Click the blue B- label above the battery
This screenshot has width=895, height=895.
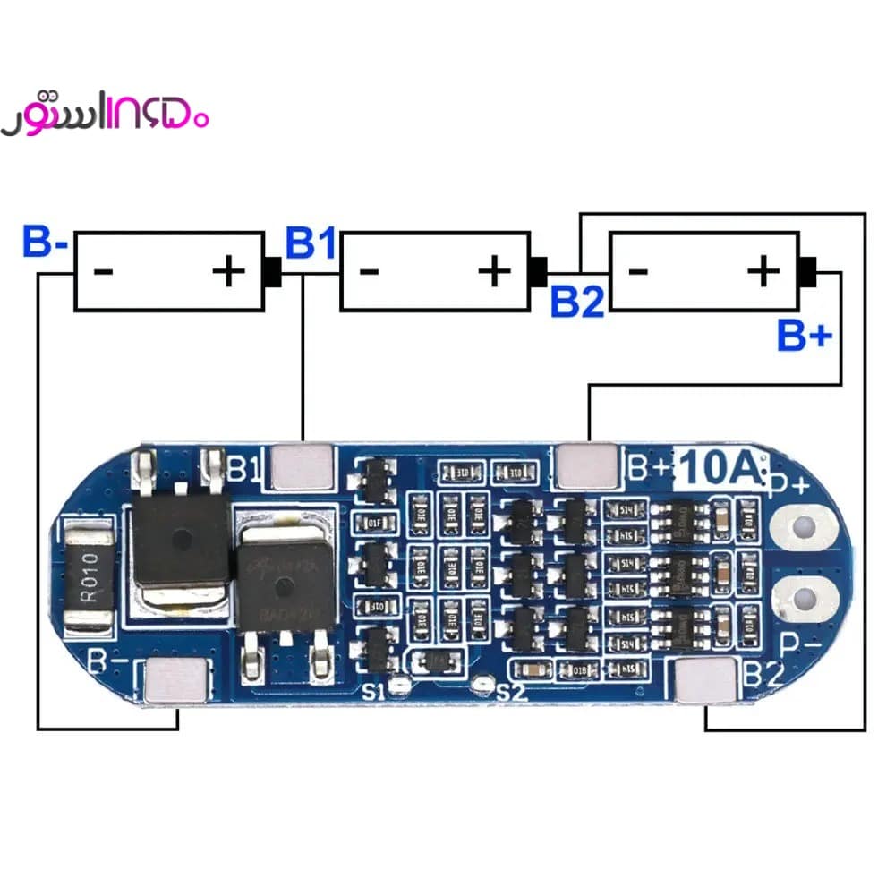point(44,243)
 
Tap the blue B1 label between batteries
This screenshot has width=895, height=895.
point(310,243)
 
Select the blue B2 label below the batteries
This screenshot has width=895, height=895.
point(577,302)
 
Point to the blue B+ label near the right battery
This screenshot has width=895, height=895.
point(804,337)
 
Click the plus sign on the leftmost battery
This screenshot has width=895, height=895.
point(229,270)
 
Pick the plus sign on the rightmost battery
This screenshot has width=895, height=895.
point(763,270)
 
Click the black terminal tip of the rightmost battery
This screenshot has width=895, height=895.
point(807,270)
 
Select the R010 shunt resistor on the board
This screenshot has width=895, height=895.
point(87,579)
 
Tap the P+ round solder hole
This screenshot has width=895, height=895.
point(805,526)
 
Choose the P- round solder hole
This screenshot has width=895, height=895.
point(805,598)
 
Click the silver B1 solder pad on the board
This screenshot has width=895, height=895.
point(302,465)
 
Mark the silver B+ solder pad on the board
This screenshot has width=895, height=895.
point(587,465)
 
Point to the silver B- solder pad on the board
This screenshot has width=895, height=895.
point(176,680)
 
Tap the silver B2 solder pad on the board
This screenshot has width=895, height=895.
point(706,680)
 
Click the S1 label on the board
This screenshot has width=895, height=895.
point(373,691)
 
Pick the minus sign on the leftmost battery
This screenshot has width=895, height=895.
point(103,270)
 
